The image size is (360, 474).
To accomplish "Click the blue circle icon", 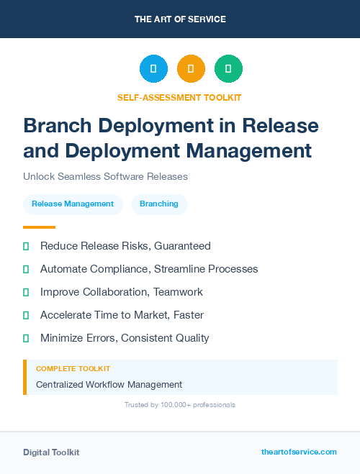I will tap(153, 69).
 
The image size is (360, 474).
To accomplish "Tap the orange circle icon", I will tap(191, 69).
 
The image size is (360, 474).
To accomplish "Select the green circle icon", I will tap(228, 69).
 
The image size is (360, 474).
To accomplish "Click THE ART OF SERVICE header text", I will tap(180, 19).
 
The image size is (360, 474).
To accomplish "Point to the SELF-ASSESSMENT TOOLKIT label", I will tap(179, 97).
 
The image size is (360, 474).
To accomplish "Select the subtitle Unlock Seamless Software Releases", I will tap(105, 176).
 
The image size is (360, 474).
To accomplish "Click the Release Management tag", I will tap(73, 204).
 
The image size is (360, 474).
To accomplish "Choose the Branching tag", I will tap(159, 204).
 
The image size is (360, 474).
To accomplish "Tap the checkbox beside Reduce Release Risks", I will tap(26, 246).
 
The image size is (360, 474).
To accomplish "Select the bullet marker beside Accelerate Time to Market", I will tap(26, 315).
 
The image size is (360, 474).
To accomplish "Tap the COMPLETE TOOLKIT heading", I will tap(73, 369).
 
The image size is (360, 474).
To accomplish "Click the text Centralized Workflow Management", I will tap(109, 385).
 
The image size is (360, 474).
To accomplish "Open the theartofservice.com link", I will tap(299, 452).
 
